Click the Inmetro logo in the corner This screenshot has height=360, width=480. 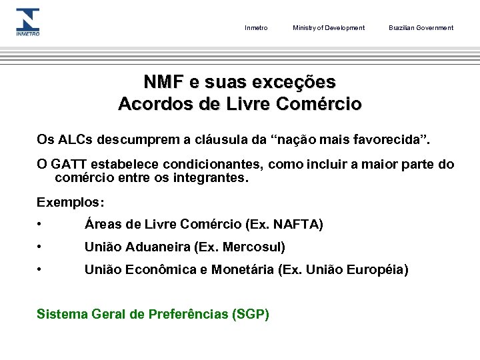tap(28, 22)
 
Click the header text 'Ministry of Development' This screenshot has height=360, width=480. tap(329, 28)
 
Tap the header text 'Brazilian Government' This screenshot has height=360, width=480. tap(421, 28)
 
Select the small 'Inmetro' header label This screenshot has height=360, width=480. tap(256, 28)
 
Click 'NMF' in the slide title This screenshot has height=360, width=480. tap(164, 83)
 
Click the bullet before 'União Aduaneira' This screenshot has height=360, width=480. tap(41, 247)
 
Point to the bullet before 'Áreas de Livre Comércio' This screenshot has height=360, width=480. tap(41, 225)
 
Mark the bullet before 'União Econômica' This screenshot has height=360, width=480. tap(41, 270)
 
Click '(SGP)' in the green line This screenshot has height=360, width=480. tap(249, 314)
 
